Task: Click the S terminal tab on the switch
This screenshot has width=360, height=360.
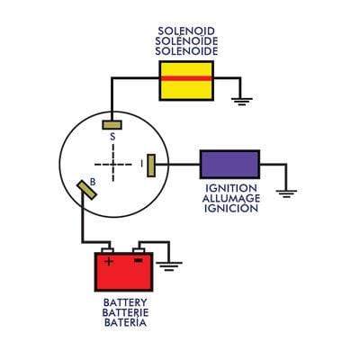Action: coord(112,123)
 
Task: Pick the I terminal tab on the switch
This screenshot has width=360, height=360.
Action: coord(152,164)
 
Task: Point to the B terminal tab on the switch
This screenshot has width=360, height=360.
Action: coord(87,188)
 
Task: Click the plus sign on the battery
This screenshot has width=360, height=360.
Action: coord(109,262)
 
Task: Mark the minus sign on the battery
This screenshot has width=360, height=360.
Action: coord(138,262)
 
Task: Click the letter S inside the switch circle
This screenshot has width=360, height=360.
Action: coord(112,138)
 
